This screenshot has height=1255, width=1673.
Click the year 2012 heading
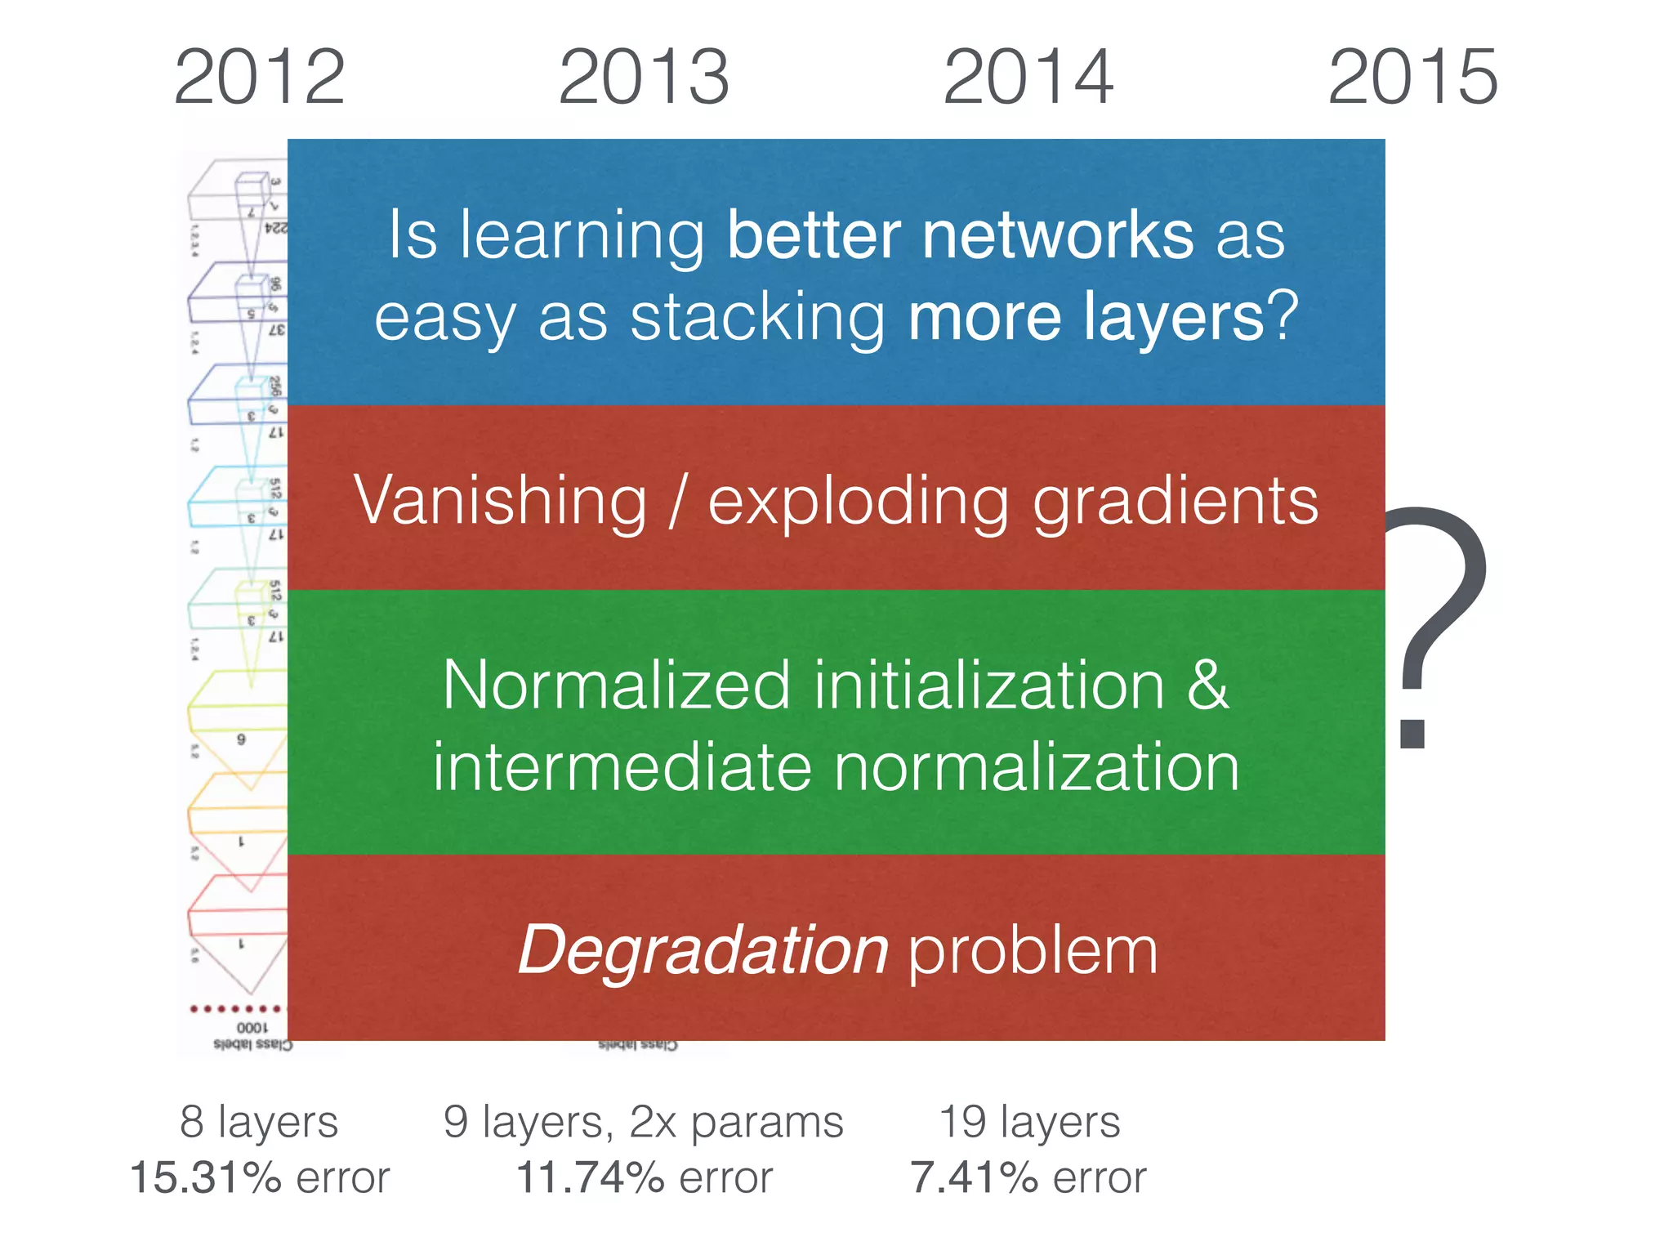[259, 78]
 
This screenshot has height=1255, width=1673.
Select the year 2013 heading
[644, 78]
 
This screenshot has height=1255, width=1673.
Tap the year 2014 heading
[1028, 78]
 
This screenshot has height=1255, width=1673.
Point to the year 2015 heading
[1412, 78]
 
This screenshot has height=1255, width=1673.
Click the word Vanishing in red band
[500, 500]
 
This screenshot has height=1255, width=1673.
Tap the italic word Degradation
[703, 950]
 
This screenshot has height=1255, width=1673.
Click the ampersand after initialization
[1207, 685]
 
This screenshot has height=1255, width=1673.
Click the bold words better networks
[960, 235]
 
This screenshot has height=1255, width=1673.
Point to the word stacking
[757, 319]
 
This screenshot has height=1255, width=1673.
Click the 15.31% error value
[206, 1177]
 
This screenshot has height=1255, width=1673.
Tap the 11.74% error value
[590, 1177]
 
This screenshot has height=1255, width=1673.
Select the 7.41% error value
[975, 1177]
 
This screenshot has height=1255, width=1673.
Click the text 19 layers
[1029, 1121]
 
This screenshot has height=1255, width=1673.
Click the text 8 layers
[259, 1121]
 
